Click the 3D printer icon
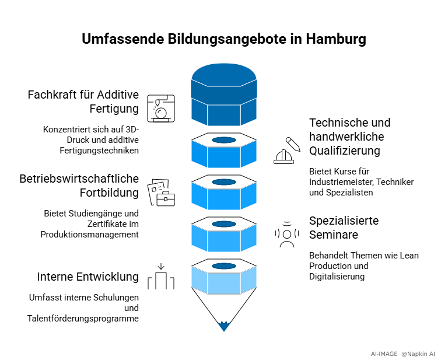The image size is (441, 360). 161,107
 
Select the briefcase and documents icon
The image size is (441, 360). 162,192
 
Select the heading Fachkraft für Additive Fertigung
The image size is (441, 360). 83,102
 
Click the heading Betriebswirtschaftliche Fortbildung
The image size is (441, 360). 79,185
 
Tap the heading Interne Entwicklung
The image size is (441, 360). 88,276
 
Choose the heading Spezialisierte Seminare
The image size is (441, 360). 344,228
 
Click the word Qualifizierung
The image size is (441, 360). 345,151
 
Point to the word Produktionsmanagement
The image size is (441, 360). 90,234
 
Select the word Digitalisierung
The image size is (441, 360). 337,276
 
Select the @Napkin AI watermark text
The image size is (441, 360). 418,354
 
